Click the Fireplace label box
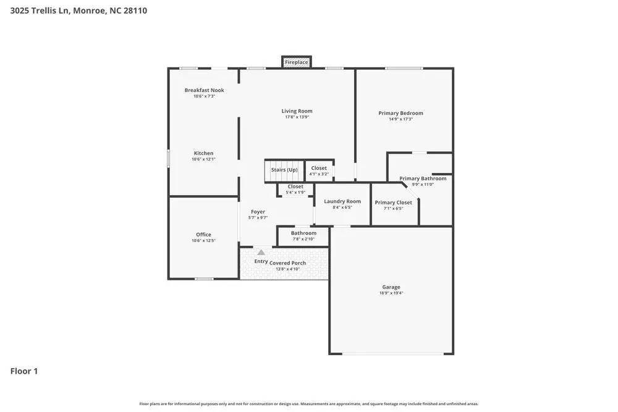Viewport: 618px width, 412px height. tap(296, 62)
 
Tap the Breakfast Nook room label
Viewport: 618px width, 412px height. tap(204, 90)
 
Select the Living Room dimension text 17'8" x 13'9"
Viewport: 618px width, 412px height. tap(297, 117)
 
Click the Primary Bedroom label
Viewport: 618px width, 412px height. tap(400, 113)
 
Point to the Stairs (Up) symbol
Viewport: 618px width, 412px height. tap(284, 170)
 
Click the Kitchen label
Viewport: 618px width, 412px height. tap(203, 153)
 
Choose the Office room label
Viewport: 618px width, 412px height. tap(203, 235)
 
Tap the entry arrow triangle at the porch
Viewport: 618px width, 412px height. tap(261, 252)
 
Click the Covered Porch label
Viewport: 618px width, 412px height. tap(287, 263)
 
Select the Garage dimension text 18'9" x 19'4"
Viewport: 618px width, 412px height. tap(391, 293)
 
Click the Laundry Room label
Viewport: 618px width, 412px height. tap(342, 201)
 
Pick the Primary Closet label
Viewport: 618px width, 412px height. tap(393, 203)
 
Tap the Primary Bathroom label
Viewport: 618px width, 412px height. tap(422, 179)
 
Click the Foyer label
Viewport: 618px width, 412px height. tap(258, 212)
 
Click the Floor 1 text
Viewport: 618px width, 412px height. tap(24, 371)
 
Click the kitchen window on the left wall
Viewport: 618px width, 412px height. tap(168, 158)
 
